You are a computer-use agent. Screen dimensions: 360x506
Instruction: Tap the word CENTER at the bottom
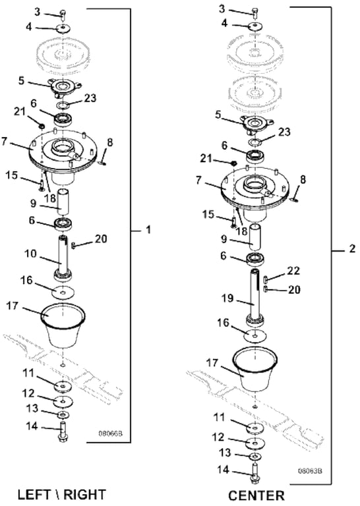click(x=256, y=495)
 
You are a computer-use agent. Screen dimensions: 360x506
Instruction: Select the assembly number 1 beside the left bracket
click(x=148, y=230)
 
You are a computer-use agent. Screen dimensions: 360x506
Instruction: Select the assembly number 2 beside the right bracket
click(x=352, y=249)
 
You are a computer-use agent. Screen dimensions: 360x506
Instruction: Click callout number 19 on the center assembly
click(x=227, y=298)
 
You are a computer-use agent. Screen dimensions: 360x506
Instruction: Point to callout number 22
click(x=293, y=270)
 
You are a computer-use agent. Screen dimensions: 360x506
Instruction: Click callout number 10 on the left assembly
click(x=31, y=254)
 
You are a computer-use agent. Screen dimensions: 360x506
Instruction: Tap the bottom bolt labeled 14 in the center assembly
click(x=255, y=474)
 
